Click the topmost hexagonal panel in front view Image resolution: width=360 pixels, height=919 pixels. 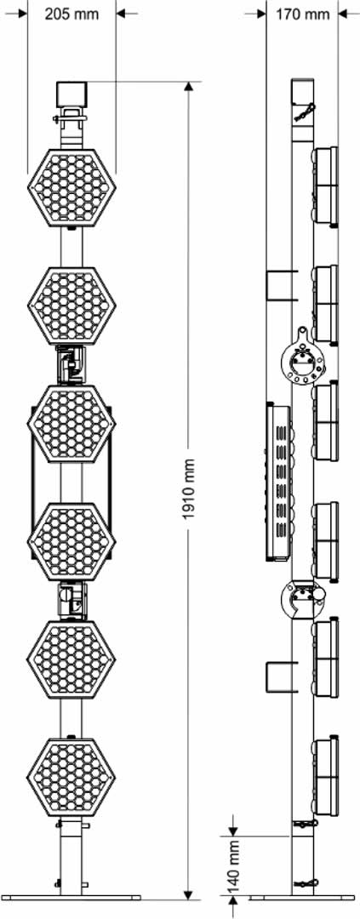pyautogui.click(x=71, y=187)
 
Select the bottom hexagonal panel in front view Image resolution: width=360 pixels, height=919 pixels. pyautogui.click(x=71, y=776)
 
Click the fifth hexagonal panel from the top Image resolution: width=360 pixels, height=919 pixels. pyautogui.click(x=71, y=659)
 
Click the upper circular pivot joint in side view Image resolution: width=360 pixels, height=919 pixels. pyautogui.click(x=303, y=359)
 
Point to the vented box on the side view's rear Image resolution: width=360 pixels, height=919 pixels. pyautogui.click(x=279, y=482)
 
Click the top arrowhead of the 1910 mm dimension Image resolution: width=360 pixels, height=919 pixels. pyautogui.click(x=188, y=88)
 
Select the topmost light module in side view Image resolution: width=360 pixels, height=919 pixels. pyautogui.click(x=325, y=186)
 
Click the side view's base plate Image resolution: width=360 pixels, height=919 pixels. pyautogui.click(x=302, y=898)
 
